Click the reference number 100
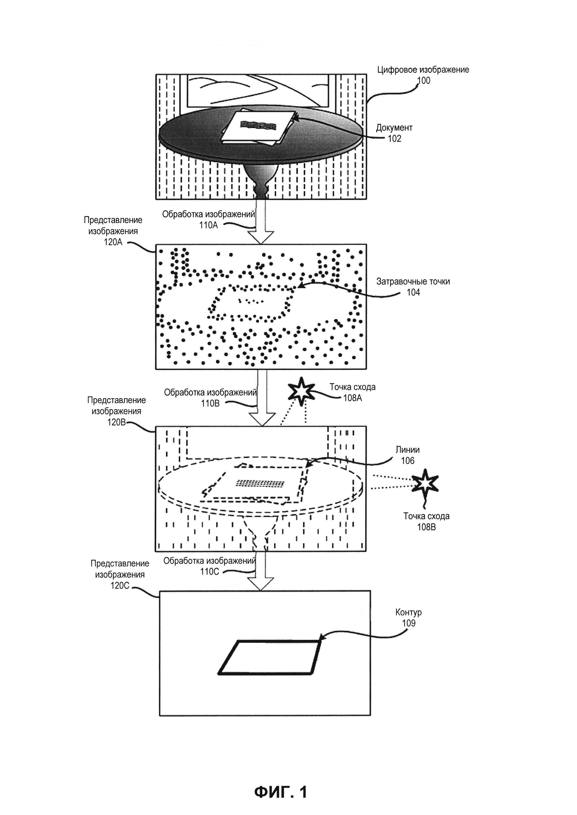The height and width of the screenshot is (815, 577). [423, 81]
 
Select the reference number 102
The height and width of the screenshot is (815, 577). [394, 139]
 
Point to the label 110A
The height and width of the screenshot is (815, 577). [208, 225]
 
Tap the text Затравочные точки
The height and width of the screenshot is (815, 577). [413, 281]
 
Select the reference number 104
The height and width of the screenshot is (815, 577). [413, 293]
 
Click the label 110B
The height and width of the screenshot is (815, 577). [210, 403]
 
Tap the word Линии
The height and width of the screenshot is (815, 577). [408, 450]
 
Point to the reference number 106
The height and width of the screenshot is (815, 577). [408, 461]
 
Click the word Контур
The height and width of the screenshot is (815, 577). [409, 612]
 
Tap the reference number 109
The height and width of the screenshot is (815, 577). [409, 623]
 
